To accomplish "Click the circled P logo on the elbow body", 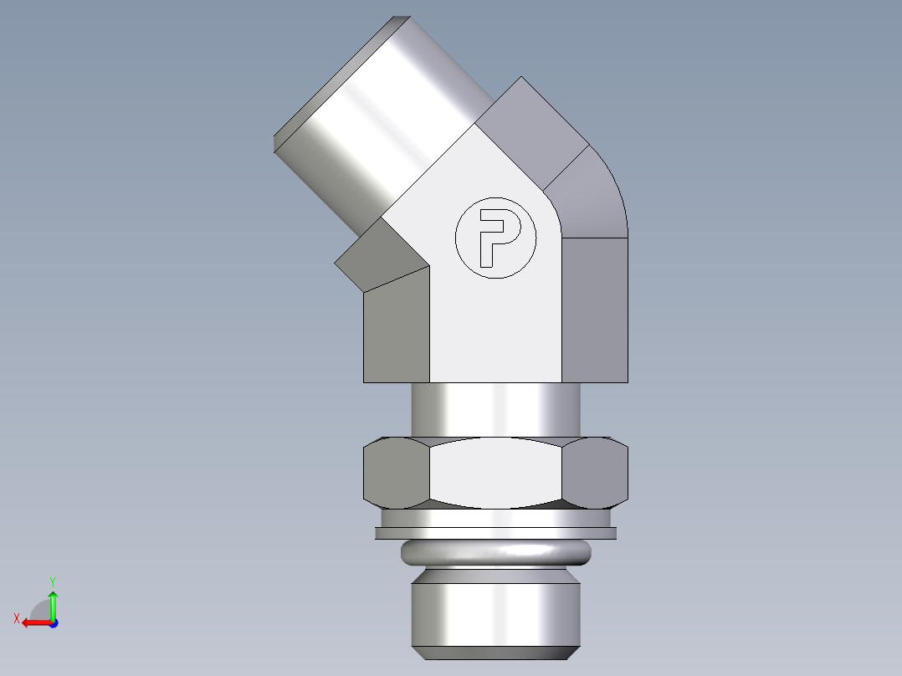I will click(495, 238).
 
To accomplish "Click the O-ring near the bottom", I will click(495, 551).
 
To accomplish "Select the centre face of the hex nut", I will click(495, 474).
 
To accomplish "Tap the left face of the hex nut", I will click(395, 474).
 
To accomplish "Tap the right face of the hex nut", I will click(596, 474).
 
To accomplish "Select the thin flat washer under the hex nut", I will click(495, 533).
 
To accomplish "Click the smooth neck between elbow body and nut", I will click(495, 410).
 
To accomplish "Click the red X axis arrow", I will click(34, 622).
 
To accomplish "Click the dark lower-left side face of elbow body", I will click(397, 330).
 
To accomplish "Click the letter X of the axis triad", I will click(17, 619).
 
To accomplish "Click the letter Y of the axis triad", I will click(53, 581).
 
